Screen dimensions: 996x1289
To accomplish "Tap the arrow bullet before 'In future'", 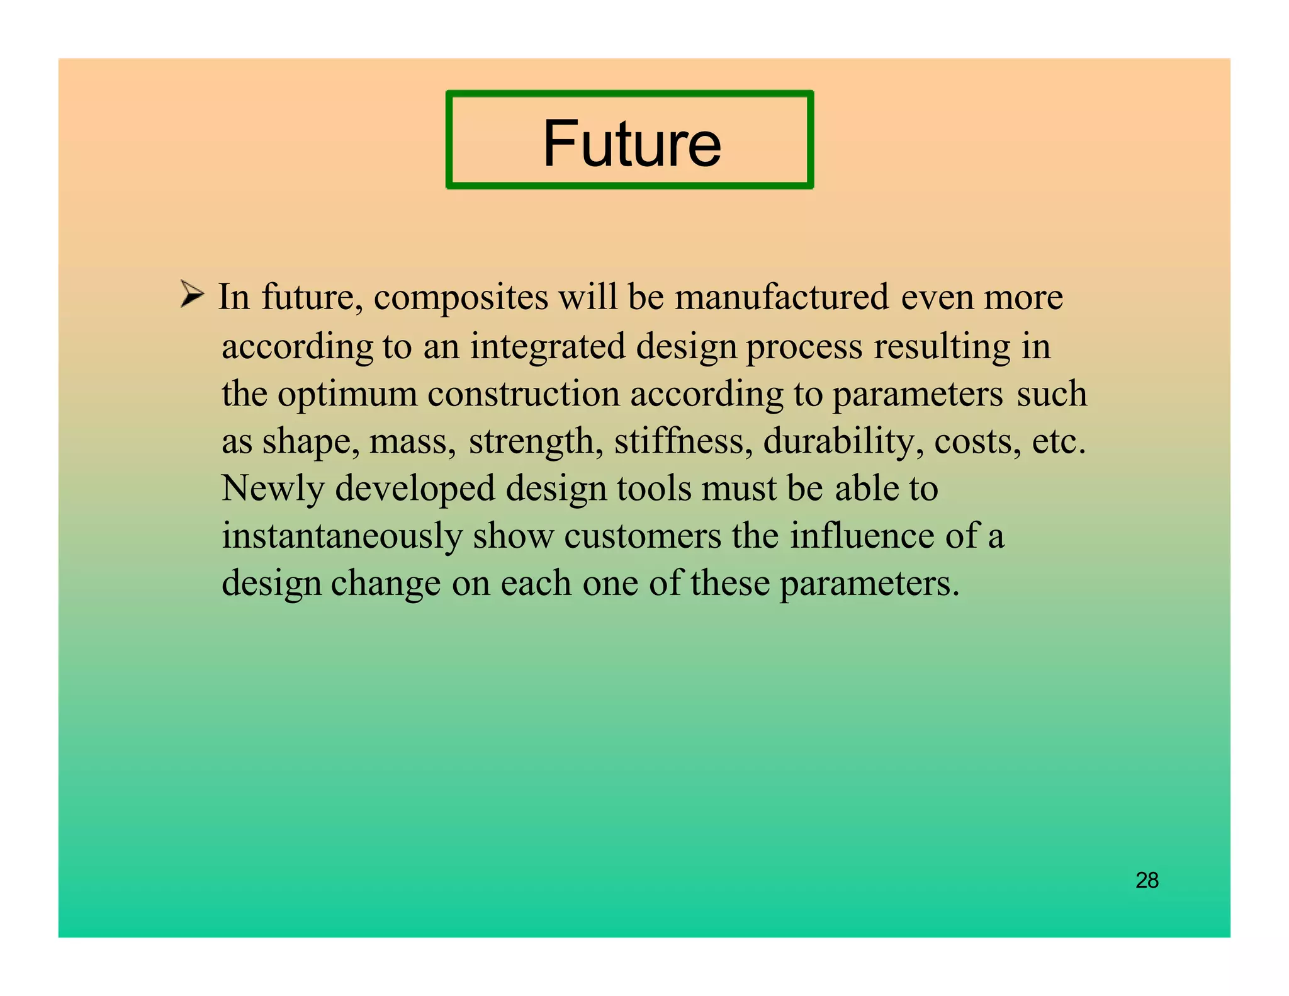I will point(191,294).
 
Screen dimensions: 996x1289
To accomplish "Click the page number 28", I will point(1147,880).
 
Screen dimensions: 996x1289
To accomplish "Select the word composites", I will point(461,297).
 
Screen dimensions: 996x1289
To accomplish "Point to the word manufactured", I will point(782,297).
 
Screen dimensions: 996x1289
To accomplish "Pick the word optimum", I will point(347,395).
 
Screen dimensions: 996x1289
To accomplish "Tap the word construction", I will point(524,394).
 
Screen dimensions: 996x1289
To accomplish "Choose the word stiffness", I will point(683,441).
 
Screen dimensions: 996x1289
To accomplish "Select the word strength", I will point(531,441).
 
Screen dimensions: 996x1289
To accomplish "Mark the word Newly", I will point(273,489).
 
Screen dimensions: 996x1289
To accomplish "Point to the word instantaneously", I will point(342,536).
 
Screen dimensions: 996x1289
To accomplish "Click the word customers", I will point(642,536).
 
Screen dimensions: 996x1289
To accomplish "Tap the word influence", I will point(862,536).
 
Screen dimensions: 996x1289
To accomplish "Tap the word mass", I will point(412,442).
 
